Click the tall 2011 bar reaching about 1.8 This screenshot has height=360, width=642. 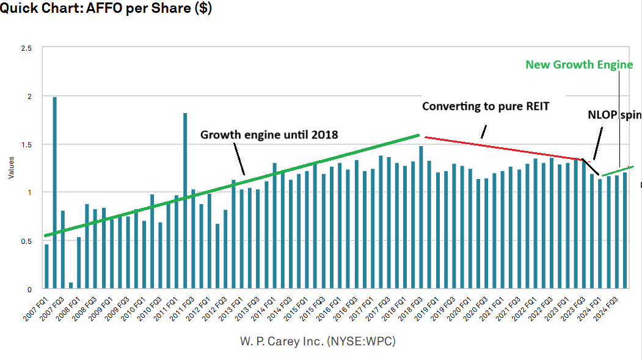click(185, 201)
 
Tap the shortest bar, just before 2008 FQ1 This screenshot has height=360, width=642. click(71, 285)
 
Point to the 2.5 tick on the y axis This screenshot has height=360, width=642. click(27, 48)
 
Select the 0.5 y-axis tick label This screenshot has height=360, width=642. click(27, 241)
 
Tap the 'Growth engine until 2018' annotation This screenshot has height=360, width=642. click(269, 134)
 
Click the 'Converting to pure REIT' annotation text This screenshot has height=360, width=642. click(486, 106)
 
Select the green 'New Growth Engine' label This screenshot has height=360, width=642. click(579, 64)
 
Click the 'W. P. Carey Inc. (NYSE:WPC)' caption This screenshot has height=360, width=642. click(318, 341)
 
